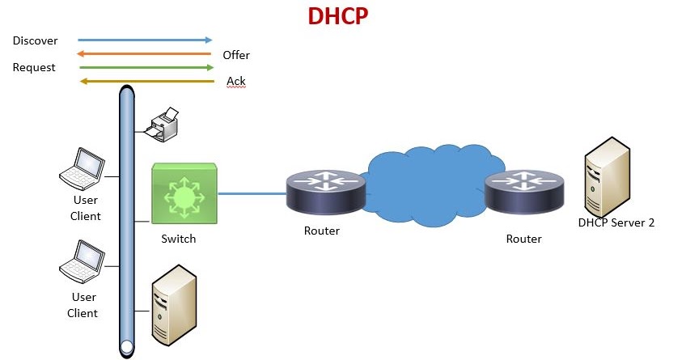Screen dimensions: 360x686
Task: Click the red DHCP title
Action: (338, 16)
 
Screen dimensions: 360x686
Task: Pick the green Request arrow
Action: (146, 68)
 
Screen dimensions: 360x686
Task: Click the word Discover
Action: (35, 40)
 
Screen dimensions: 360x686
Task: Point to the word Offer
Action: (236, 55)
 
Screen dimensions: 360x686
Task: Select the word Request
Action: (34, 68)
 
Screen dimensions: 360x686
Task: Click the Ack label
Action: (236, 82)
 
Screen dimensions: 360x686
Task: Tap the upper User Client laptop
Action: (83, 167)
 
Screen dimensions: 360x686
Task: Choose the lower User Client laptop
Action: (83, 258)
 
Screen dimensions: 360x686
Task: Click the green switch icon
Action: (184, 194)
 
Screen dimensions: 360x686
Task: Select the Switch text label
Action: (178, 239)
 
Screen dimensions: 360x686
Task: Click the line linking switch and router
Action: (252, 194)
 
